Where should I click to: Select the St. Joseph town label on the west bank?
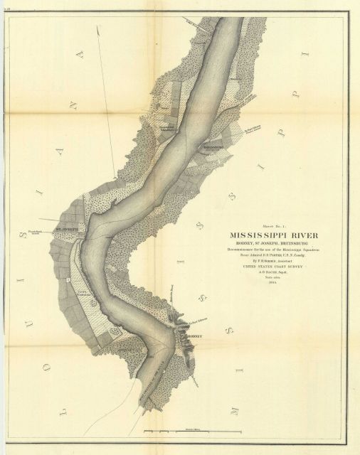[x=67, y=229]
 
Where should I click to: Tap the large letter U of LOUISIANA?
[x=21, y=274]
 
